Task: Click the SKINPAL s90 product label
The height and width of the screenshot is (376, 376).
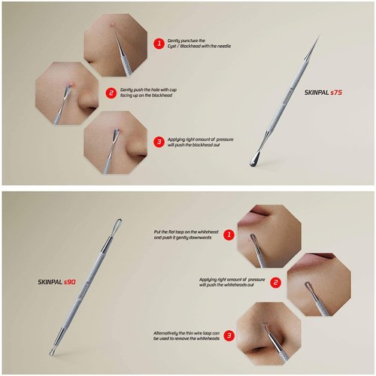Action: pos(57,282)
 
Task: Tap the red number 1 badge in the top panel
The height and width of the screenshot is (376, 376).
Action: pos(159,44)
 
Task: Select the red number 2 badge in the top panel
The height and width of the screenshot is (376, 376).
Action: pos(111,93)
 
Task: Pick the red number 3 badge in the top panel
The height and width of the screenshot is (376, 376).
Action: pos(159,141)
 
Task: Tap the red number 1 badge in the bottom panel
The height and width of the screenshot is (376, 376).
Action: pos(228,234)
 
